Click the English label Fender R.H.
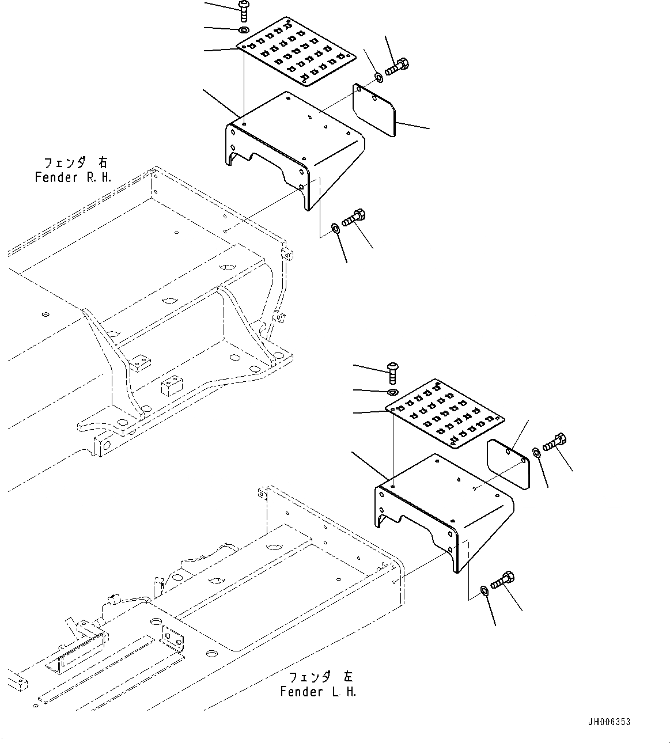[x=72, y=177]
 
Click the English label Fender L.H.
[x=318, y=691]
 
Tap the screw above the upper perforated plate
[x=243, y=10]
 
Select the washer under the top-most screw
[x=243, y=29]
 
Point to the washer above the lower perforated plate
[x=393, y=392]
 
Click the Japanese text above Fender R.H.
[x=75, y=162]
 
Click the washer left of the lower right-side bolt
[x=536, y=452]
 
